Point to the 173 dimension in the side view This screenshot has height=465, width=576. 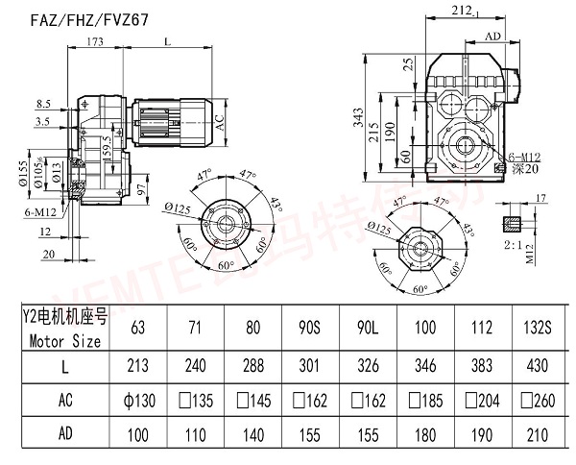[x=96, y=42]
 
